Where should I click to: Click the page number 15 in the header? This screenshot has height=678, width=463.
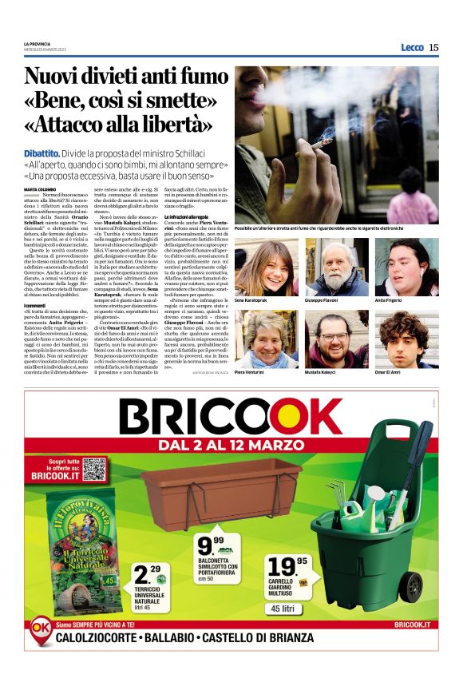[x=433, y=47]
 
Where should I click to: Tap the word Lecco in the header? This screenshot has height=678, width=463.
[x=412, y=47]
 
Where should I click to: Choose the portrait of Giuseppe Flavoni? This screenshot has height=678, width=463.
[x=330, y=267]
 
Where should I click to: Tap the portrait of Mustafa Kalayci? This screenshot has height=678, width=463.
[x=330, y=339]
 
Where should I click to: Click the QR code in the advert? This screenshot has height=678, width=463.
[x=93, y=467]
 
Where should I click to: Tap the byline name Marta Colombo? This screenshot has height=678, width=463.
[x=38, y=188]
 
